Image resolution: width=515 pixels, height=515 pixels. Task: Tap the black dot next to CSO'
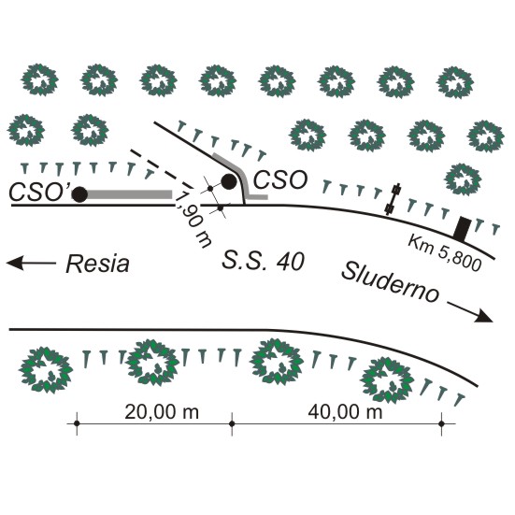coord(79,194)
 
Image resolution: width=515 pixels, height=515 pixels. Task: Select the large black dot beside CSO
coord(229,181)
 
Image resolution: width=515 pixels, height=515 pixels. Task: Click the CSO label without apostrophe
coord(280,180)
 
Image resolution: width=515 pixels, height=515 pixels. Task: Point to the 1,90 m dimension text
coord(193,220)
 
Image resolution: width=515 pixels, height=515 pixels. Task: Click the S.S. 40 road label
coord(263,261)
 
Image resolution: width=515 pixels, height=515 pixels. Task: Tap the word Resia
coord(97,264)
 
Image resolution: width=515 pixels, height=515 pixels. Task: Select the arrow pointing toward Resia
coord(31,263)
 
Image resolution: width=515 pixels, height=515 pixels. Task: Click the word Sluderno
coord(391,282)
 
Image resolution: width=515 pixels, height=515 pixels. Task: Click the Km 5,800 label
coord(445,253)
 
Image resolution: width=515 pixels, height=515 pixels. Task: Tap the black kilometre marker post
coord(462,229)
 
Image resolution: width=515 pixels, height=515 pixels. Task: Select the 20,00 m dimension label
coord(162,412)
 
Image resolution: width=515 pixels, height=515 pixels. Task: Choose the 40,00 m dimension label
coord(345,412)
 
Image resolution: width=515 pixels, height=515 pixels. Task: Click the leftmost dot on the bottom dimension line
coord(77,423)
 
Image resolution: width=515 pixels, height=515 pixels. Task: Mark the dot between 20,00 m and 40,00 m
coord(232,423)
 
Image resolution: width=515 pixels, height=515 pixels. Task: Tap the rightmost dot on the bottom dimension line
coord(441,423)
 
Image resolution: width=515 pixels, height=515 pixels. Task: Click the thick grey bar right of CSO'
coord(129,194)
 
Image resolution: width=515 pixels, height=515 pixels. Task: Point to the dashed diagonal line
coord(162,169)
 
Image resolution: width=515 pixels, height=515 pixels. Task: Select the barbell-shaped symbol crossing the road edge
coord(393,199)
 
